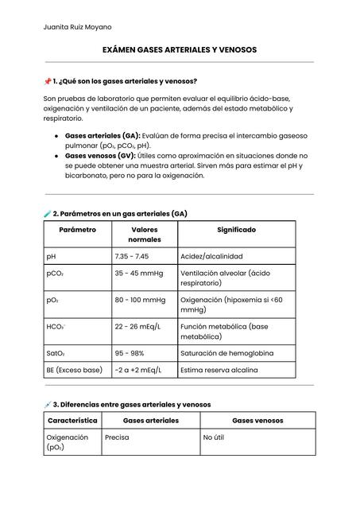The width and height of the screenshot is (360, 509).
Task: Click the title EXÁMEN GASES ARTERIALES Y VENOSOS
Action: tap(180, 50)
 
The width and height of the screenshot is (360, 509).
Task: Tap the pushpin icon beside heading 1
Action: tap(48, 81)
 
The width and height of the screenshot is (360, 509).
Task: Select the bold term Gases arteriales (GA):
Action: tap(103, 136)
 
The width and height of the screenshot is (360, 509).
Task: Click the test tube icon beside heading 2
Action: tap(48, 214)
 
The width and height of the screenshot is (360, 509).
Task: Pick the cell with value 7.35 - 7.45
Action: tap(132, 257)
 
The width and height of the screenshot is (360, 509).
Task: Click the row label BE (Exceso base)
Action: tap(74, 370)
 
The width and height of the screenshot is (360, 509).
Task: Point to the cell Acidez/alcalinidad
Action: tap(211, 257)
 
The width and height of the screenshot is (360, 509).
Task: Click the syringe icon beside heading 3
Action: tap(48, 405)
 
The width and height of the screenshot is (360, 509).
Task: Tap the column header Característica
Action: tap(72, 420)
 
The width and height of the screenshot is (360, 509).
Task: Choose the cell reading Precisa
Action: tap(117, 437)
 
